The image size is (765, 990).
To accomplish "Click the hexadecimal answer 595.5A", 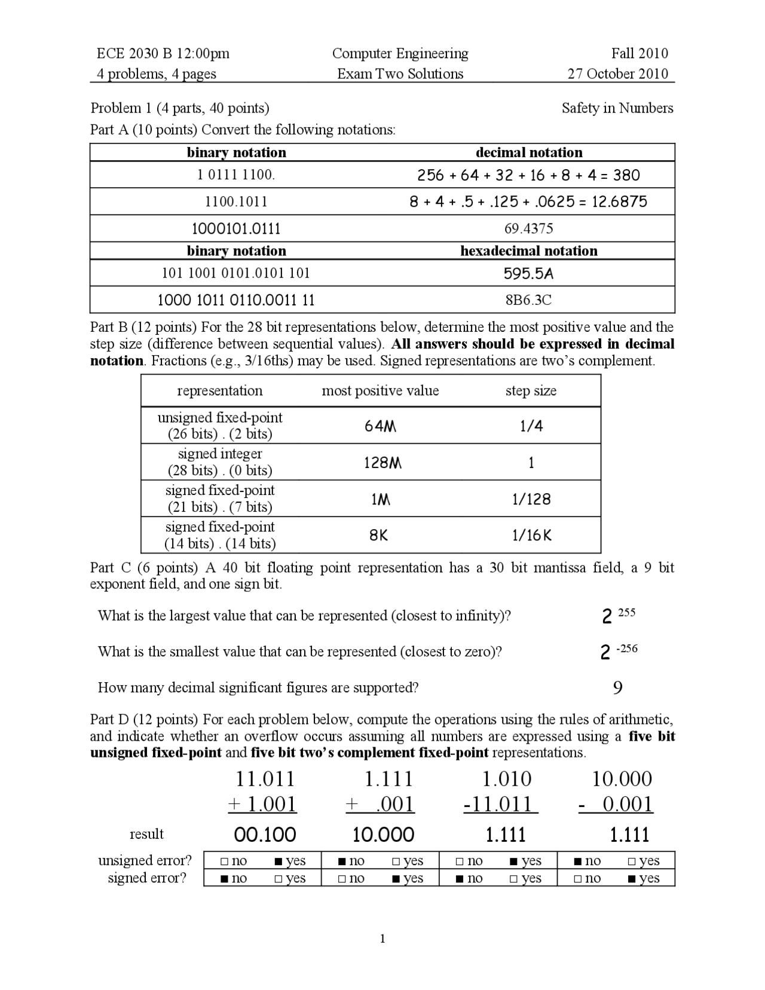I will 528,274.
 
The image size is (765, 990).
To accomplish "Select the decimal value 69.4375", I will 529,228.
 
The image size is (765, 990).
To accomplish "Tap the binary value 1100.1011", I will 236,201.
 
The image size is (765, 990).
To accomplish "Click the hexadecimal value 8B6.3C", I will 528,300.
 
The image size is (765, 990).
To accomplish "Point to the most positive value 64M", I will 381,426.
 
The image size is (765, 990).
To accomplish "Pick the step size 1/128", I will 531,499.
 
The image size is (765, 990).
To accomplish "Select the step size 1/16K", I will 531,536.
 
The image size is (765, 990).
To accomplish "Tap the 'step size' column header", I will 531,391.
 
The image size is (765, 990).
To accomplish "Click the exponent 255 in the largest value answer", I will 626,613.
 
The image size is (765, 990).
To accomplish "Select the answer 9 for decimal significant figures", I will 618,688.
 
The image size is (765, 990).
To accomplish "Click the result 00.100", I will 265,835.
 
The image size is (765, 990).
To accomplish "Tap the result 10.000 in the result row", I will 383,835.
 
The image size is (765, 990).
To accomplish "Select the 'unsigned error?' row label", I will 145,860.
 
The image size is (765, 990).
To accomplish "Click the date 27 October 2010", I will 617,74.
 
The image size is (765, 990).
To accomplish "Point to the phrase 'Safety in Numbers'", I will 617,108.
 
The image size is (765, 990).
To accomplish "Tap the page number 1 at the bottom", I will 382,939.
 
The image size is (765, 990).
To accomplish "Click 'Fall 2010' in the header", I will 639,54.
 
